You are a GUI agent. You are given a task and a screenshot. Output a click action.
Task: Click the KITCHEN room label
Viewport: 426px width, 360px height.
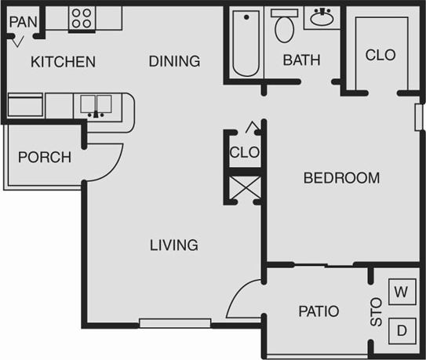(x=63, y=62)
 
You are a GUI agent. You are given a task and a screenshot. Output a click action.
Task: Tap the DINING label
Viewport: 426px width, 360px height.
(x=174, y=61)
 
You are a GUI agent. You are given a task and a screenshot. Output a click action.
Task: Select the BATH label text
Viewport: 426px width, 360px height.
(x=302, y=60)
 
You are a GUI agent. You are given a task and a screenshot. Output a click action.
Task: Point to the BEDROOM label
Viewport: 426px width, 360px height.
(x=341, y=178)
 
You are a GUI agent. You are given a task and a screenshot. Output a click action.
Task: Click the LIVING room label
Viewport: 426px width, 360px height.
(x=173, y=245)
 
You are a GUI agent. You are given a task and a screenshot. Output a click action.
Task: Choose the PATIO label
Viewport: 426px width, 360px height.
(x=319, y=311)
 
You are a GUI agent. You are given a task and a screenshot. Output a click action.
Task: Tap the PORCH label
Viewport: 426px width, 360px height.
(x=44, y=157)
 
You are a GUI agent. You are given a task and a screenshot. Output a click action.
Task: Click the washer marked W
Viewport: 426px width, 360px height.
(x=401, y=293)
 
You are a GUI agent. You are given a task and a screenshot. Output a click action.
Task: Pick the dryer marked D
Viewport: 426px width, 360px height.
(x=401, y=330)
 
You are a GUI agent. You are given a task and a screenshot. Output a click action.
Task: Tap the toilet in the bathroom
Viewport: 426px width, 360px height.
(x=283, y=27)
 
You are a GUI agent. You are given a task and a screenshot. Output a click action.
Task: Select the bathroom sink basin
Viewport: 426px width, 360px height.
(x=322, y=18)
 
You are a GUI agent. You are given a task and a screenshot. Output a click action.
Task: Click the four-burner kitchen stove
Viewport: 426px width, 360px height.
(x=81, y=17)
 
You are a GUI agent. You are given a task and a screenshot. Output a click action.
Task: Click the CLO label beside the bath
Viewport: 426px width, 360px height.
(x=380, y=55)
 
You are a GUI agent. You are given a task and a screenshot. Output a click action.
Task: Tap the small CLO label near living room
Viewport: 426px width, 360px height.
(x=244, y=152)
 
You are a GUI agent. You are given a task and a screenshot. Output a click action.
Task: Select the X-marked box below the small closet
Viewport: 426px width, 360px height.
(x=242, y=187)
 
